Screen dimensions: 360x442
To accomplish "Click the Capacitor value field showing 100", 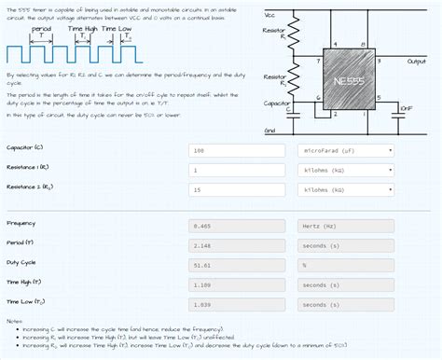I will [239, 150].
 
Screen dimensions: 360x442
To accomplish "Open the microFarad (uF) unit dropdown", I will [346, 150].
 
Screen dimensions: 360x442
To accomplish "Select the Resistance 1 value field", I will [239, 170].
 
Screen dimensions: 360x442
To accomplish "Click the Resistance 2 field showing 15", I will [239, 189].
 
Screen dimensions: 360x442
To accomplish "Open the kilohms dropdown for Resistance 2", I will [346, 189].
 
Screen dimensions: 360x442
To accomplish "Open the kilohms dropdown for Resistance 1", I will [346, 170].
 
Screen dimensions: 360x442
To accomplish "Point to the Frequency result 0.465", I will [239, 226].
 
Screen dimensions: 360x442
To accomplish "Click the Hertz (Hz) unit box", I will [346, 226].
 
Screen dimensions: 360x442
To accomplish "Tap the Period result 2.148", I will [239, 245].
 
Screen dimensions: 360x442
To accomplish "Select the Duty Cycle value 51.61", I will [239, 265].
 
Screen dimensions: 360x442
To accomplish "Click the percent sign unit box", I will [346, 265].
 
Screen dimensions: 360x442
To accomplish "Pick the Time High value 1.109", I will [239, 284].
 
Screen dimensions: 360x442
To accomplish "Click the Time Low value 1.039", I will [239, 304].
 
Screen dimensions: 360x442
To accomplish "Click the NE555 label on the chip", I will [348, 80].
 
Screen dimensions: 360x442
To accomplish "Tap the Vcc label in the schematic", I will [269, 16].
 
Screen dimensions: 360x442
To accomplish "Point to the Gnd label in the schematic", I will [270, 130].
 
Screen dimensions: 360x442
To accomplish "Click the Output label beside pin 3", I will [416, 62].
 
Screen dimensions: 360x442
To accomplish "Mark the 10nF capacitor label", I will [406, 109].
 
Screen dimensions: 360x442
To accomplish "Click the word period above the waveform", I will [41, 29].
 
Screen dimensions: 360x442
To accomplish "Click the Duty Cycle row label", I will [21, 262].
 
